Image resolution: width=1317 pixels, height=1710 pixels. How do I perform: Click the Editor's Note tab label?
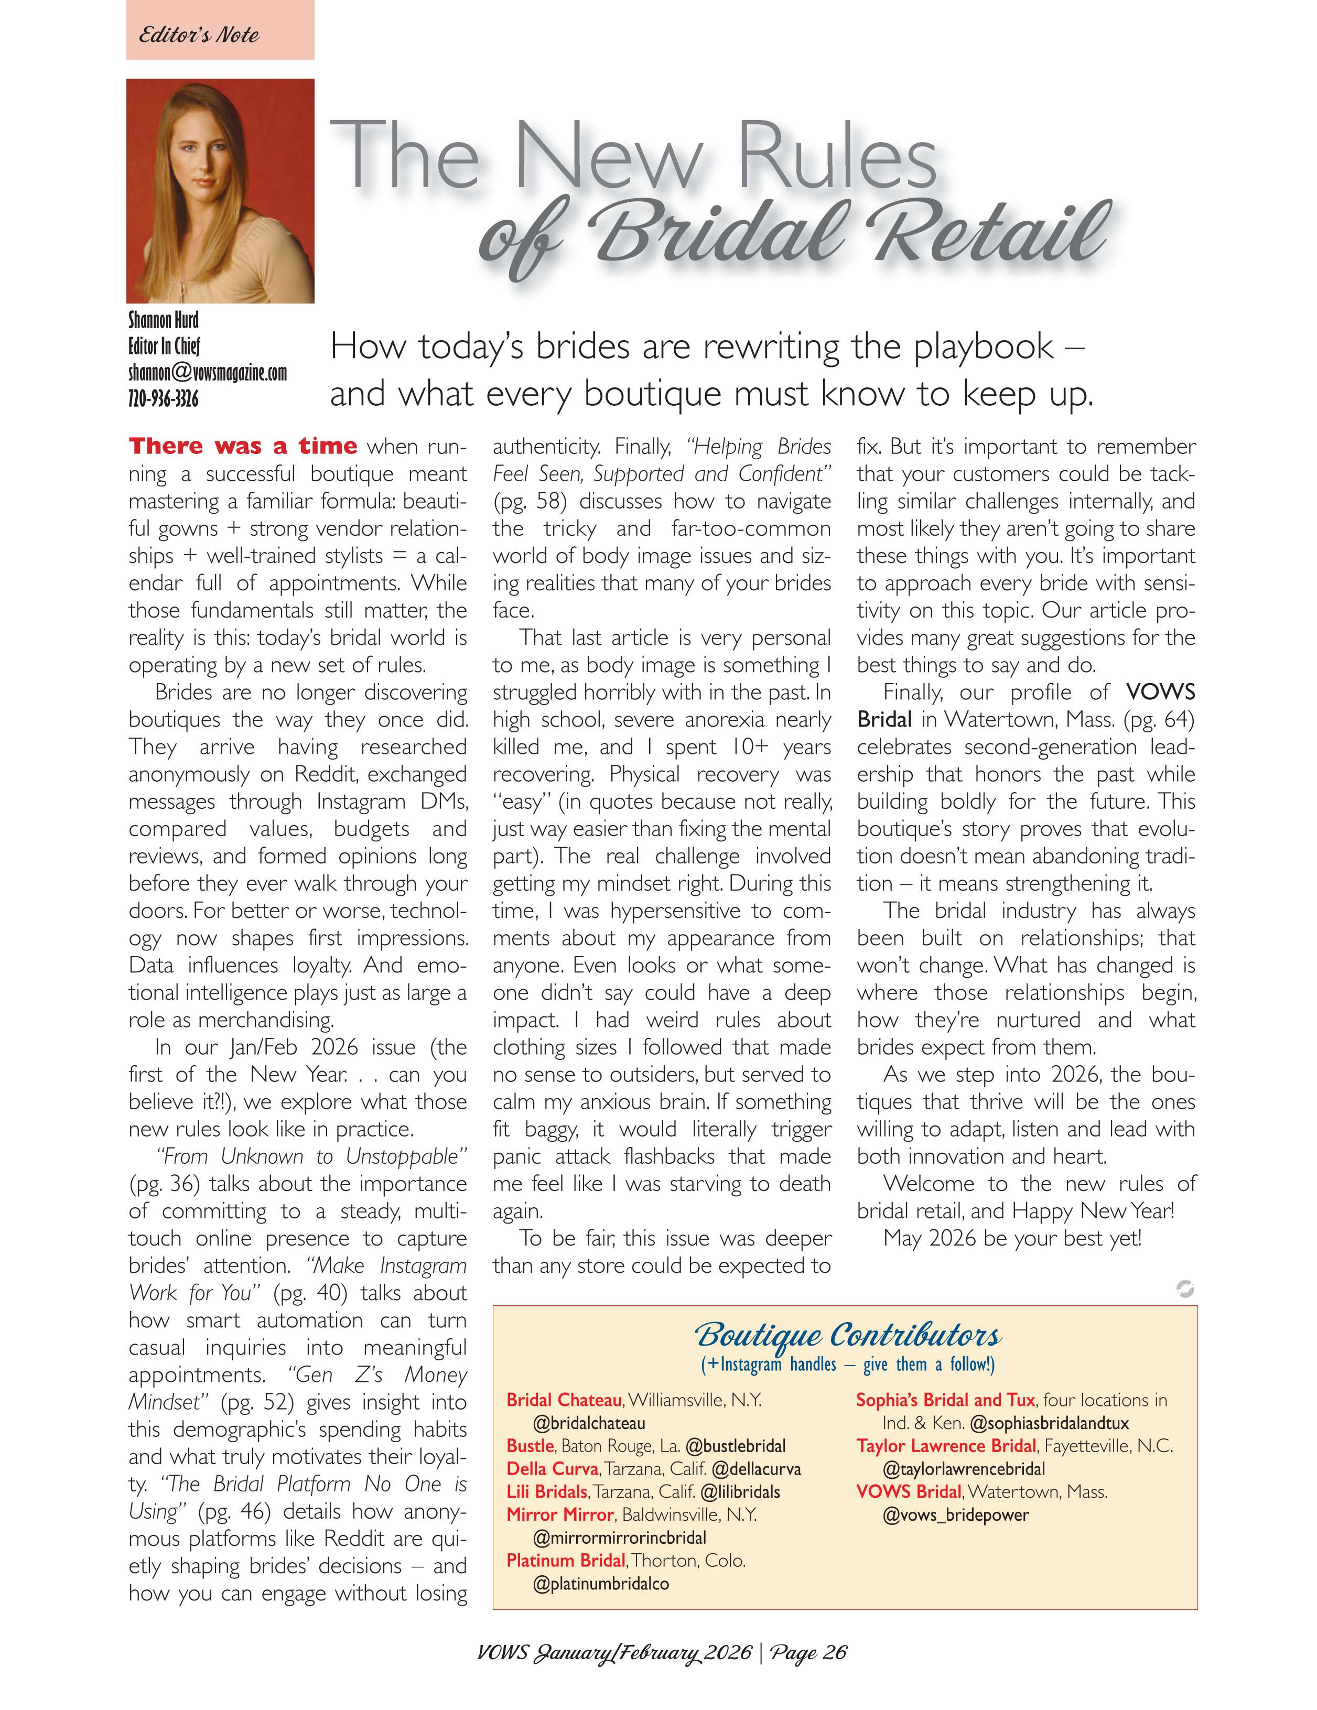coord(199,35)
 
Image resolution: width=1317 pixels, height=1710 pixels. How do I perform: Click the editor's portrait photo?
coord(220,190)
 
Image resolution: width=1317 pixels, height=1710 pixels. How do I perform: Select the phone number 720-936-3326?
coord(163,398)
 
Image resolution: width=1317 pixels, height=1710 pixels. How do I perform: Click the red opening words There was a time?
coord(243,446)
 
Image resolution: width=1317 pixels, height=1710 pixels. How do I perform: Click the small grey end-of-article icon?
coord(1185,1288)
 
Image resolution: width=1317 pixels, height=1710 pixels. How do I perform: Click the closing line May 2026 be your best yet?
coord(1012,1238)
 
